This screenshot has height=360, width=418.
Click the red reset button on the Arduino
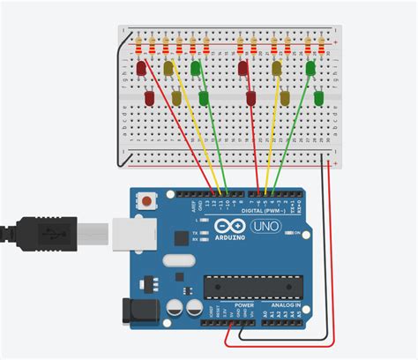(144, 202)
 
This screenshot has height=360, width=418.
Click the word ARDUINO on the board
(230, 245)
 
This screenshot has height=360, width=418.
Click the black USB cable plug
(53, 233)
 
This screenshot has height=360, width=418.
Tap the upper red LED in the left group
(141, 68)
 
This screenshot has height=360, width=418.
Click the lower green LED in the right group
(318, 96)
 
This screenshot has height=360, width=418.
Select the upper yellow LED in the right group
(277, 68)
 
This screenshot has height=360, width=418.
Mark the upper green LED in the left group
(196, 67)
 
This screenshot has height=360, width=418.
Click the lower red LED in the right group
(251, 97)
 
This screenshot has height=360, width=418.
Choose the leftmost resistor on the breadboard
(140, 41)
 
